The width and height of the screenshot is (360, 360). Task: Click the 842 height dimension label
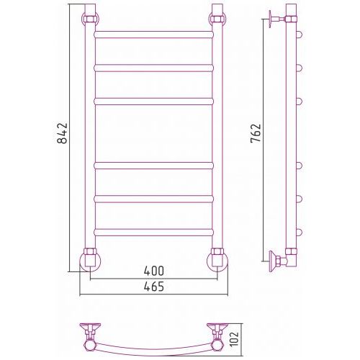[x=63, y=133]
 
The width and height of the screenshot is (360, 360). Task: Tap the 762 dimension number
[x=256, y=133]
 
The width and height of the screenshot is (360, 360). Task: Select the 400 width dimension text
[x=154, y=271]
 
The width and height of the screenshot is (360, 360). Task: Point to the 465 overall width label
[x=154, y=287]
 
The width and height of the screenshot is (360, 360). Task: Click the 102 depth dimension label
[x=234, y=338]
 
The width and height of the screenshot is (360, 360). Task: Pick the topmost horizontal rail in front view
[x=154, y=35]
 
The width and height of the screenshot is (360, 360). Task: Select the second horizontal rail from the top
[x=154, y=68]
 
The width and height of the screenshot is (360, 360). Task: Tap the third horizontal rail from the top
[x=154, y=102]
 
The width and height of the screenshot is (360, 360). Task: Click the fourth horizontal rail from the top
[x=154, y=166]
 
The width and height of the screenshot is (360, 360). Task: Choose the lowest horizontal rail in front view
[x=154, y=233]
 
